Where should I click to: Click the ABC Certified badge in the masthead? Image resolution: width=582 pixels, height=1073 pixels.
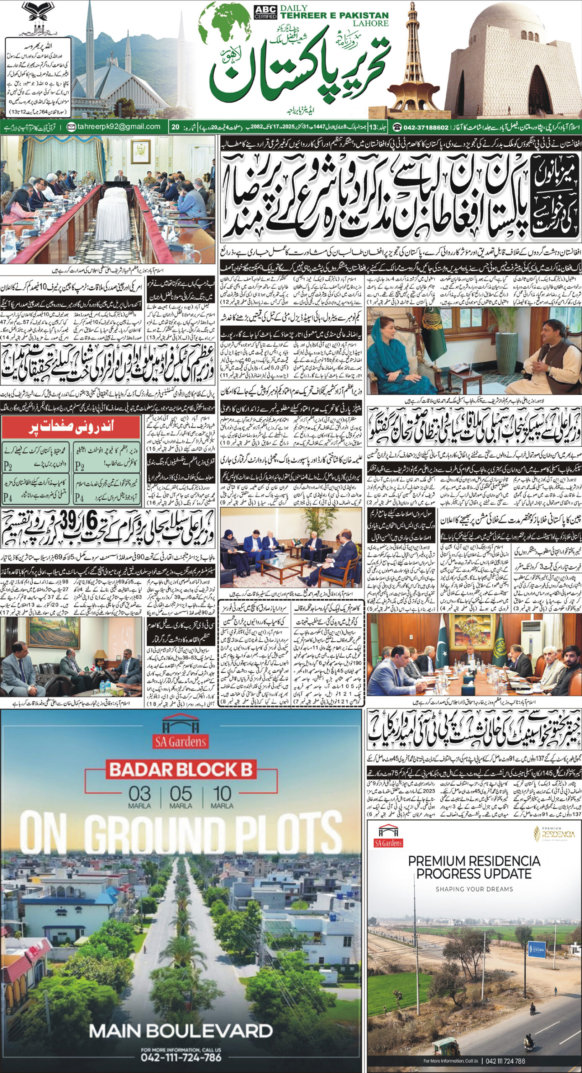click(265, 12)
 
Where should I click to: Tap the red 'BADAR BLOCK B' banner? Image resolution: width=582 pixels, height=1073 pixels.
click(181, 770)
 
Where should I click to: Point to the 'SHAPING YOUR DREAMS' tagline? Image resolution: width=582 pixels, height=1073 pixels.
click(474, 889)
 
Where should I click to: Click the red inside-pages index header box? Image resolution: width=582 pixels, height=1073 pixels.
click(70, 428)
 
